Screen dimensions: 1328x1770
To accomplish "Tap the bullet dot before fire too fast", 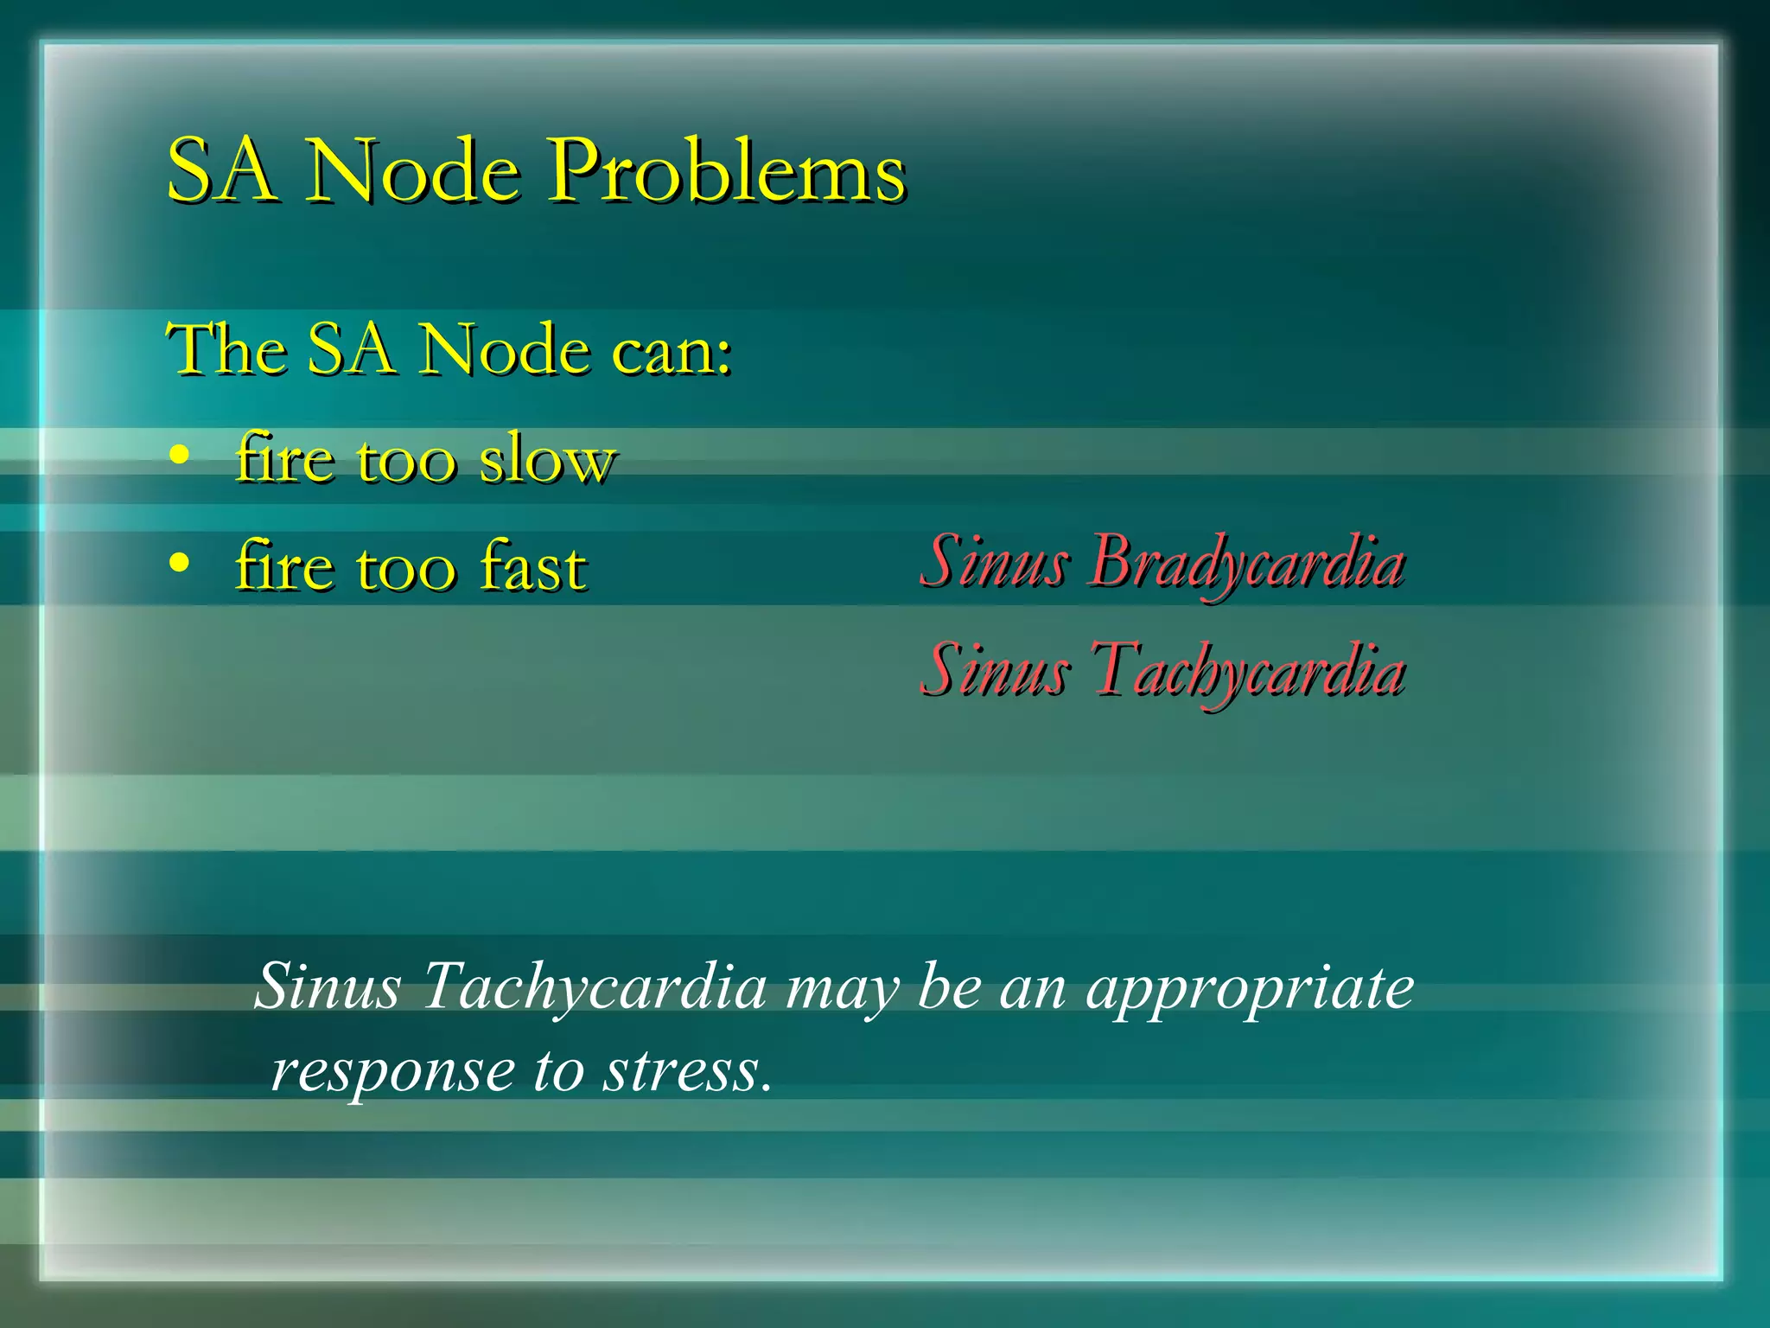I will pyautogui.click(x=179, y=564).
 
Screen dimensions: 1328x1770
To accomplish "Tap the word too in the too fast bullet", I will pyautogui.click(x=405, y=568).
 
